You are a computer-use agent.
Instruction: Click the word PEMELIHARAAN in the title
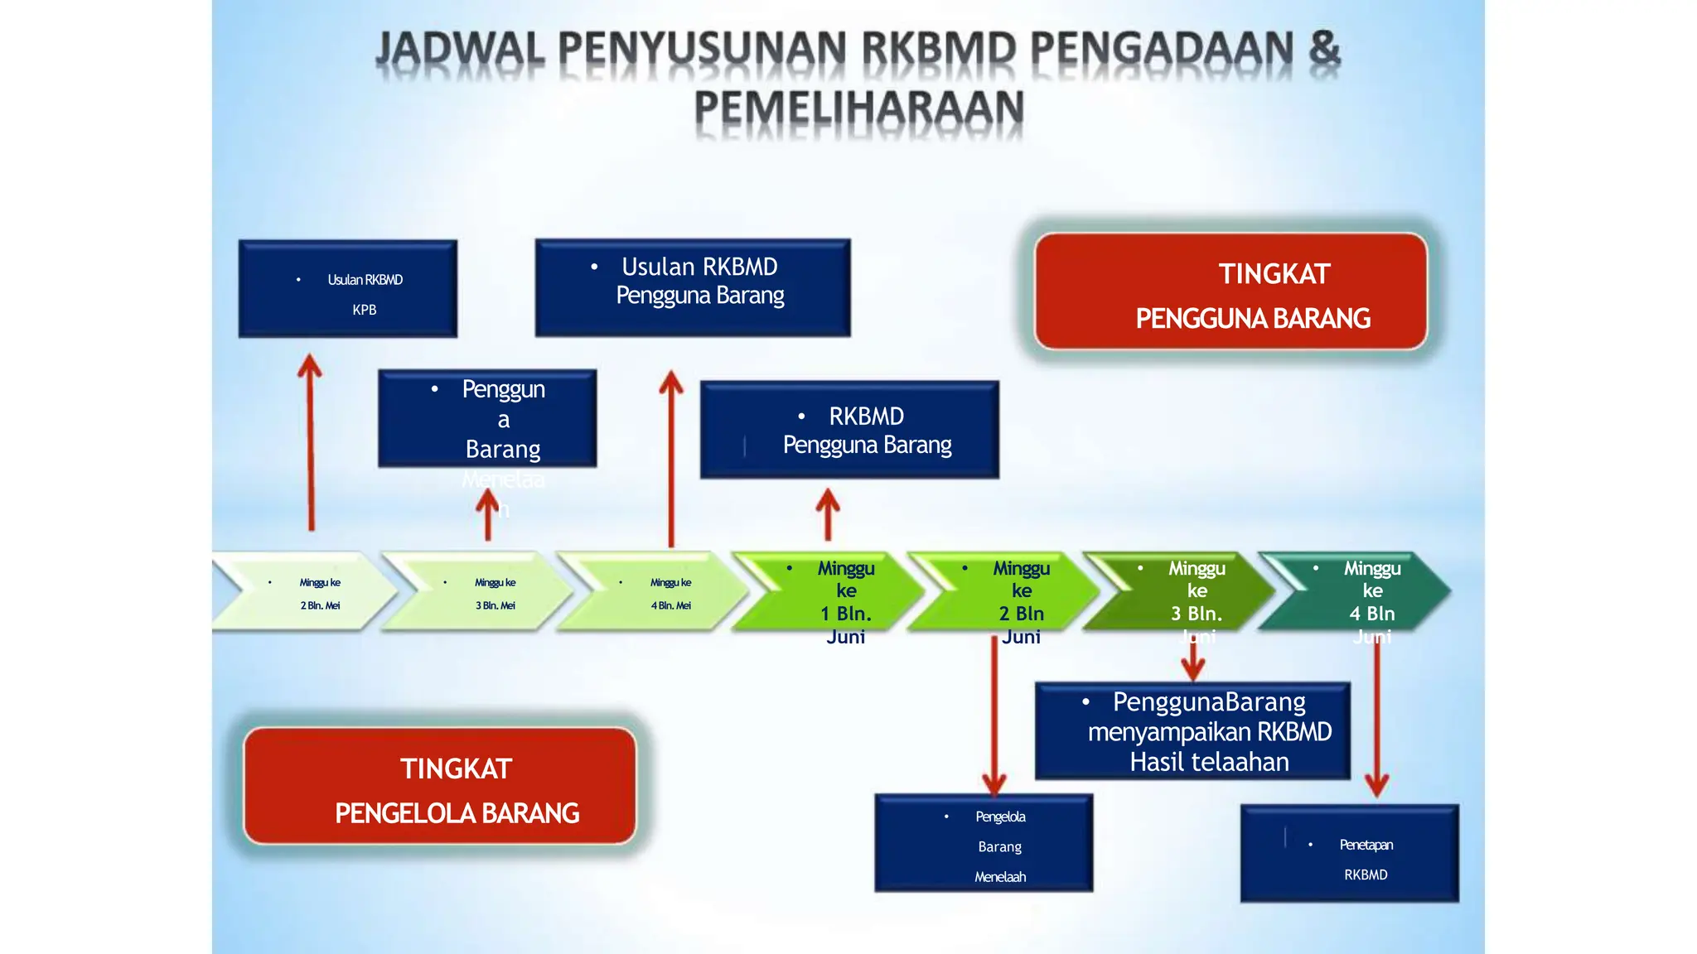(x=859, y=108)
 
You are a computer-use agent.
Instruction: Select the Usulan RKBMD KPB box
(x=348, y=289)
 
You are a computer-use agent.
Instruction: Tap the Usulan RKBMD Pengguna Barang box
(x=693, y=287)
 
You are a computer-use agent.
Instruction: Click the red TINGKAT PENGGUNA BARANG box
(x=1230, y=291)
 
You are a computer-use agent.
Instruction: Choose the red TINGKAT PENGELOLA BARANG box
(x=440, y=786)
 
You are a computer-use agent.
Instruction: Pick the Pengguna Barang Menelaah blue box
(x=487, y=418)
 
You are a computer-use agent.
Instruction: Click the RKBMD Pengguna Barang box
(x=849, y=430)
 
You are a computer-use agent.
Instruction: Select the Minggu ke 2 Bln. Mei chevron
(x=307, y=592)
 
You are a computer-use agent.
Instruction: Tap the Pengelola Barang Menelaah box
(x=984, y=843)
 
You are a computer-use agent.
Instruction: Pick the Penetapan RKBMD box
(x=1350, y=853)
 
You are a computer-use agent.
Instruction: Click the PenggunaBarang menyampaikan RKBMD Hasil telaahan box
(x=1192, y=731)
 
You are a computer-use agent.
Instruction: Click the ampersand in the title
(x=1324, y=48)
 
